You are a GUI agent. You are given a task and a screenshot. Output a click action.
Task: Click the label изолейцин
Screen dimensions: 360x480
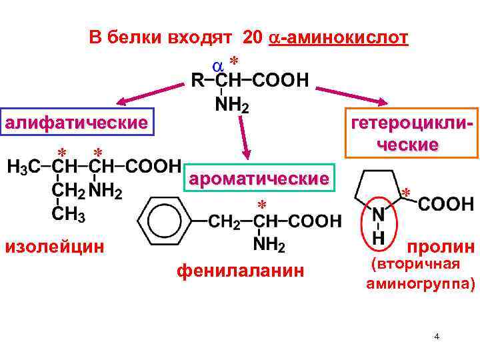tap(55, 247)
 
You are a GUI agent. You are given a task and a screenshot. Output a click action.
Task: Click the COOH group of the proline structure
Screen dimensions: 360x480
tap(446, 204)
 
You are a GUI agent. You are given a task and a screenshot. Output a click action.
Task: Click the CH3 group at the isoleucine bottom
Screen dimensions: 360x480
tap(68, 215)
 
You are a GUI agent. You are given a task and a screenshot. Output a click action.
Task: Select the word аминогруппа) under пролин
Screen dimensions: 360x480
tap(421, 285)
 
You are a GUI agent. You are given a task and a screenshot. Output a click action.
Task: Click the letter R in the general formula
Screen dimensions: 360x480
tap(197, 81)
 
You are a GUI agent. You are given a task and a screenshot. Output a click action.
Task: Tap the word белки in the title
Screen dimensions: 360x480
tap(131, 38)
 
